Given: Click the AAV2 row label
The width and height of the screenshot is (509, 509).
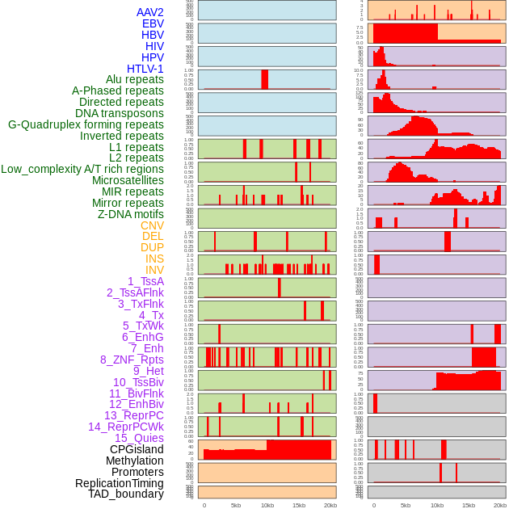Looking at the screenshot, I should [x=150, y=12].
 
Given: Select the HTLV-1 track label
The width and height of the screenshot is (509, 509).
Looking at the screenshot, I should [x=145, y=69].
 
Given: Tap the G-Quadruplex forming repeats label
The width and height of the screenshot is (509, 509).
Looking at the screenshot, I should [x=86, y=124].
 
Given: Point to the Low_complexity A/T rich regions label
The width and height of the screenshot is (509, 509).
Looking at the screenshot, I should [x=82, y=169].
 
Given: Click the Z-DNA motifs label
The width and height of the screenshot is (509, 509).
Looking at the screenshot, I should [x=131, y=214].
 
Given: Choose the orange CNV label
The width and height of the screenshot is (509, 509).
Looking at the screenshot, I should [x=152, y=225].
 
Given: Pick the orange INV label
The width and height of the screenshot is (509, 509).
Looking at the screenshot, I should [x=154, y=270].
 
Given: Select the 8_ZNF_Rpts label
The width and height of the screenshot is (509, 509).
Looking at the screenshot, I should [x=132, y=360].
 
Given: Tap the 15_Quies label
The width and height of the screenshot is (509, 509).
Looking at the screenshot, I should [x=139, y=438].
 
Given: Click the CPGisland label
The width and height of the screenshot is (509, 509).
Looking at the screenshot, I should [x=137, y=449].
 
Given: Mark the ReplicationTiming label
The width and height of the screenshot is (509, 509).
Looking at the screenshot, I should [x=119, y=483].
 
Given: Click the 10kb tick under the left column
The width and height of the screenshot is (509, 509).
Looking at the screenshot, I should [x=267, y=505].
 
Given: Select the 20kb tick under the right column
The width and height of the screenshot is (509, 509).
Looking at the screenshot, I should [x=500, y=505].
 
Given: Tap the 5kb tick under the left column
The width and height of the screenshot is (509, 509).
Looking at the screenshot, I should [x=236, y=505].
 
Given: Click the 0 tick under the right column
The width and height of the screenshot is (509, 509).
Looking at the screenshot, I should [x=373, y=505].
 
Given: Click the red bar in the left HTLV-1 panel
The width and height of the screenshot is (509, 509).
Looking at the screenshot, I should [x=264, y=79].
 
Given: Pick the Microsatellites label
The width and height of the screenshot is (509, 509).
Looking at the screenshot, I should [x=128, y=180].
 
